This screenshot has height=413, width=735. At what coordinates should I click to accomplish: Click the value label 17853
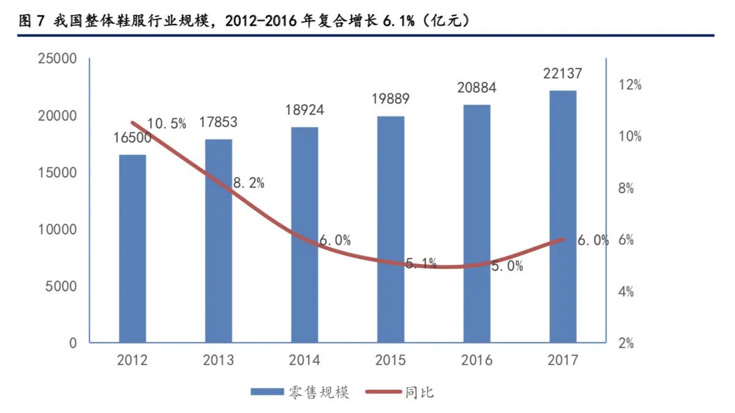pos(219,123)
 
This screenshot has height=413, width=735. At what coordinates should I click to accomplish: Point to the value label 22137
pos(563,74)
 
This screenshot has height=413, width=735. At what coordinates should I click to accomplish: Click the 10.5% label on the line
pos(167,124)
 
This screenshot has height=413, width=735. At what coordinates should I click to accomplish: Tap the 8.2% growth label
pos(249,183)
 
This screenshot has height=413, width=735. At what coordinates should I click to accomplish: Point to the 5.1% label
pos(421,264)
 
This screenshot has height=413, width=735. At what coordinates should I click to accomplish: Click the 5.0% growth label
pos(507,266)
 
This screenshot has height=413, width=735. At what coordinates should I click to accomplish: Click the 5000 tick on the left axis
pos(60,286)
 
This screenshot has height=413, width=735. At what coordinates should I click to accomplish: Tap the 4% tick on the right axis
pos(626,292)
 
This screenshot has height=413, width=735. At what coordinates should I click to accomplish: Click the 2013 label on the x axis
pos(219,360)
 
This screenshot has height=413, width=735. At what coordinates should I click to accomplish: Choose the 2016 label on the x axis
pos(477,360)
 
